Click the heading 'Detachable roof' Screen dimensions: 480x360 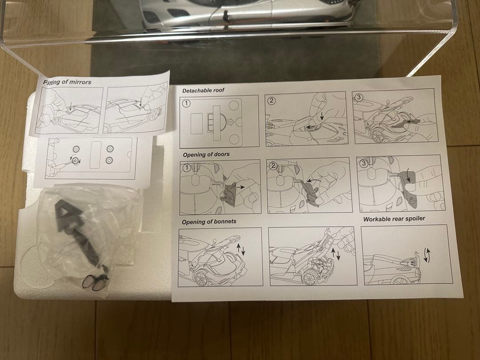pos(203,90)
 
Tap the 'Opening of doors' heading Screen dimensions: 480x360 pos(206,154)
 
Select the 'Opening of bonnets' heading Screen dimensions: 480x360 pos(209,222)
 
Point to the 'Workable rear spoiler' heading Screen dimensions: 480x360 pos(394,219)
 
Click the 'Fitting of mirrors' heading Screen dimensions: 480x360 pos(68,82)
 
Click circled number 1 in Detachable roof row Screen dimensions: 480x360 pos(186,104)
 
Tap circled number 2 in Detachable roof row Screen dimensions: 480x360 pos(272,100)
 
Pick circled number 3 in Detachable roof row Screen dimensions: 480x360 pos(359,97)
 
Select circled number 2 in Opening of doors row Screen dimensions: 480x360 pos(273,166)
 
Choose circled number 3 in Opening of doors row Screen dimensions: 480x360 pos(364,163)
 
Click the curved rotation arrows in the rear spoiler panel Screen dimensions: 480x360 pos(427,255)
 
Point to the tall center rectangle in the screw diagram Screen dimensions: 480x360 pos(96,155)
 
